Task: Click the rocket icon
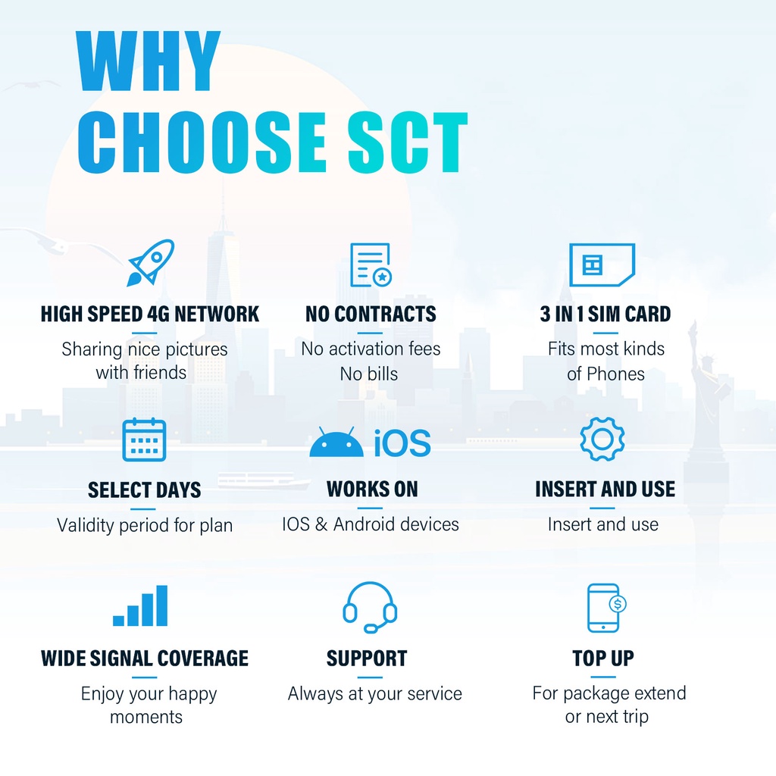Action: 151,263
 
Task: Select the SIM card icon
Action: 602,264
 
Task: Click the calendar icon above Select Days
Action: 144,440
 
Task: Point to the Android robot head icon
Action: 336,442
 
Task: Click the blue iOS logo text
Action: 402,443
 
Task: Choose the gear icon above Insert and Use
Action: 602,439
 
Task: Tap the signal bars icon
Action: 140,605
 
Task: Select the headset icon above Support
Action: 370,608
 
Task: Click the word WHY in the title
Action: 149,61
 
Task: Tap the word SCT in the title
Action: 407,142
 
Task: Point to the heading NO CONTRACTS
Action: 371,314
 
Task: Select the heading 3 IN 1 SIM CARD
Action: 605,314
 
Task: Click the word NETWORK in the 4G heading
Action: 217,314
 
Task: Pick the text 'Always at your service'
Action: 374,694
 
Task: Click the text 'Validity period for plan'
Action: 145,526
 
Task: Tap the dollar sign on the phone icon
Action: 618,604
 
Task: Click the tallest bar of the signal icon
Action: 161,605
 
